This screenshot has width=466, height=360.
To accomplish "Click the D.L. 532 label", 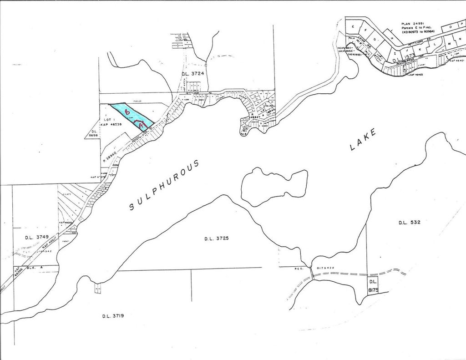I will point(409,223).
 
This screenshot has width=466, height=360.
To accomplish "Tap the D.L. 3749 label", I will point(36,237).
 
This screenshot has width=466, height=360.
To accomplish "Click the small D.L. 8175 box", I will point(372,285).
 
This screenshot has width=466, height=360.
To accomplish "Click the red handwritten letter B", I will point(127,110).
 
